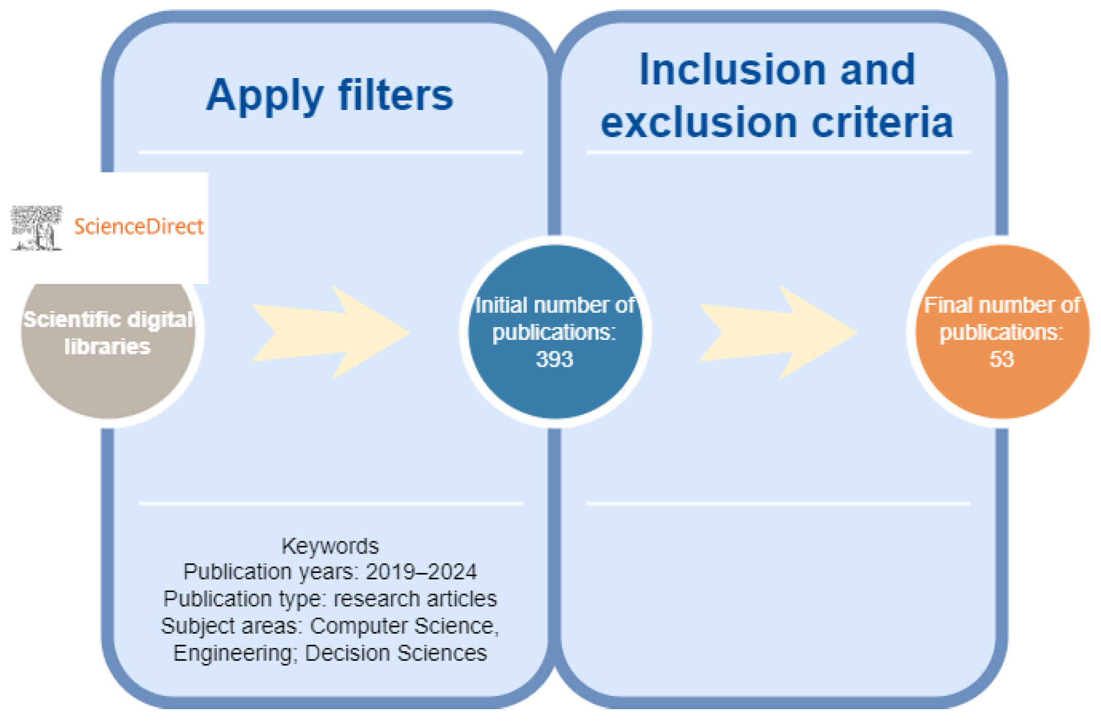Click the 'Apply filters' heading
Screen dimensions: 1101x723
(329, 96)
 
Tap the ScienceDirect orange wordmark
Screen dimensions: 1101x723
(139, 226)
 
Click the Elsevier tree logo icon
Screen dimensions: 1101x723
(37, 228)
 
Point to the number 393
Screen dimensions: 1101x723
(554, 359)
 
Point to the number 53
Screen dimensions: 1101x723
(1001, 359)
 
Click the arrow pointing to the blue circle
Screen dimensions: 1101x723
(331, 332)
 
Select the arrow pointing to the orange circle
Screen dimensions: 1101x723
(778, 332)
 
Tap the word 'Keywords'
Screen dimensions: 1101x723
(330, 546)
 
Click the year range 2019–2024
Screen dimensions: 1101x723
(421, 572)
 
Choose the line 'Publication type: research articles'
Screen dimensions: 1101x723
(330, 599)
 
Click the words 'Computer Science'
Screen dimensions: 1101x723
(403, 626)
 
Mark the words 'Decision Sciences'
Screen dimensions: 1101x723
(396, 653)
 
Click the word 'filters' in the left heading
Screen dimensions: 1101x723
(396, 96)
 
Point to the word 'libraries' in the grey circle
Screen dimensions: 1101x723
(107, 347)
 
